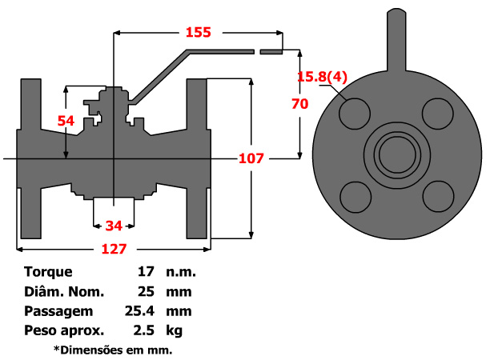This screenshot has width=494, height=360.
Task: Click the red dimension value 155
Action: pos(198,32)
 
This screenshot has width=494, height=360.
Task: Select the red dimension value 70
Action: pos(300,103)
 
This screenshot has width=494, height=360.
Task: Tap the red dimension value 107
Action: pos(251,158)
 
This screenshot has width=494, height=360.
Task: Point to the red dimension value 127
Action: pos(114,249)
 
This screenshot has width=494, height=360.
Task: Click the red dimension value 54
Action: pos(66,120)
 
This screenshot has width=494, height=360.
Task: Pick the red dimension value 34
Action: pos(114,226)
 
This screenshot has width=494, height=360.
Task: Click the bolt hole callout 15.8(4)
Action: pos(322,77)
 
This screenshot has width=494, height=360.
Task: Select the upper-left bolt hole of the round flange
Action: pos(355,113)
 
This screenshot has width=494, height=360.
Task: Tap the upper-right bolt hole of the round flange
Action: pos(437,113)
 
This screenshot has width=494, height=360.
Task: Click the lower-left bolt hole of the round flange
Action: pos(355,195)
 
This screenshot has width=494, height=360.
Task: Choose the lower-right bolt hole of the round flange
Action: pos(437,195)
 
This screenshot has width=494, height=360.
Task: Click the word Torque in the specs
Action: pos(48,272)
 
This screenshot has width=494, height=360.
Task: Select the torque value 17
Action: pos(146,272)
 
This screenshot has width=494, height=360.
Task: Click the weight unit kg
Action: pos(175,330)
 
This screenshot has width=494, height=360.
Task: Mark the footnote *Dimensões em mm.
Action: pos(113,350)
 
